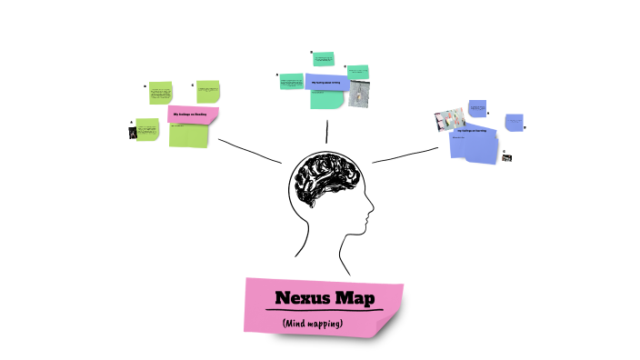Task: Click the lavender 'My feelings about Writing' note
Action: pos(325,83)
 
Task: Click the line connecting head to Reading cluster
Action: pos(250,150)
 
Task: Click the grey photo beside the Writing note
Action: pos(360,94)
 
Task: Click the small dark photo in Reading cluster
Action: pos(133,133)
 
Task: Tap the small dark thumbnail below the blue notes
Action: pos(507,157)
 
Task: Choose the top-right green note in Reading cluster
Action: pos(209,91)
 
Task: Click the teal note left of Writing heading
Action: pos(292,82)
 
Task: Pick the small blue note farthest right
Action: pos(514,121)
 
